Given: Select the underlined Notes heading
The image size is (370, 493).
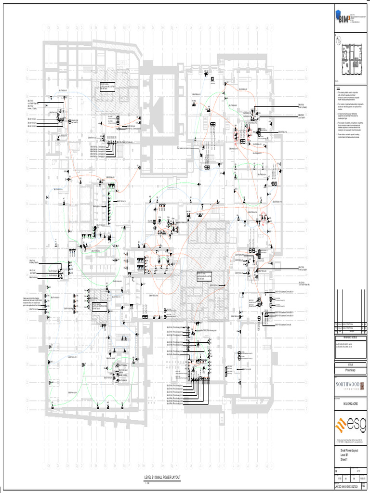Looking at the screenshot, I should [x=339, y=88].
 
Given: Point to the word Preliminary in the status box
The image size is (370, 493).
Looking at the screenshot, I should [x=350, y=370].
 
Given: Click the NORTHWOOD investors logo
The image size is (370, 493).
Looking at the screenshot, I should [x=350, y=386].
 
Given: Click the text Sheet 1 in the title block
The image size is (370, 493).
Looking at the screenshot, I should [x=344, y=460].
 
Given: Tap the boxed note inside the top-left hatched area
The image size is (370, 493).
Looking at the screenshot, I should [x=107, y=87].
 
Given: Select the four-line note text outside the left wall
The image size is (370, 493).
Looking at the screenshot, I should [x=32, y=302].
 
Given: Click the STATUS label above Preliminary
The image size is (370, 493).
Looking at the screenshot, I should [x=350, y=364].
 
